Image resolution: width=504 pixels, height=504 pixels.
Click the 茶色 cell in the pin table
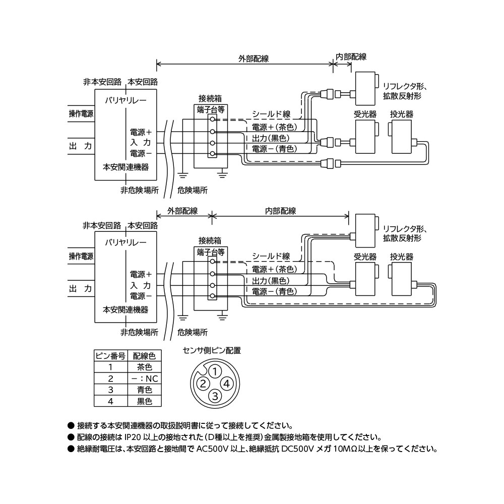click(x=144, y=367)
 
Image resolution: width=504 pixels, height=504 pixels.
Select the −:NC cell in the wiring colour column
click(x=144, y=379)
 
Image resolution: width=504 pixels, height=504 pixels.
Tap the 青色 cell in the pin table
click(x=144, y=390)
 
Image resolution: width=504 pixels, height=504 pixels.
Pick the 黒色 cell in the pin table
click(x=144, y=401)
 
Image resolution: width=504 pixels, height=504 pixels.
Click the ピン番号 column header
click(x=110, y=355)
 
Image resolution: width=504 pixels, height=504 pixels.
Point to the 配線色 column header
click(x=144, y=355)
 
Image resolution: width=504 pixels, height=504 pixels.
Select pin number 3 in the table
click(x=110, y=390)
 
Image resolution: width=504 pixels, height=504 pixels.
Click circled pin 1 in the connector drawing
click(x=215, y=372)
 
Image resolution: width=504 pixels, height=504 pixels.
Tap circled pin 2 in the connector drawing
click(x=203, y=384)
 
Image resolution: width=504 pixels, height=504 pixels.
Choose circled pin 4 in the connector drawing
click(x=227, y=384)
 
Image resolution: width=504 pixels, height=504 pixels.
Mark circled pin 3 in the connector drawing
click(x=215, y=396)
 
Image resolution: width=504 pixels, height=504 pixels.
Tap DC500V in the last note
click(x=297, y=449)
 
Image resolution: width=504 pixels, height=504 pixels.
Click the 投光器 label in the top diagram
click(x=401, y=114)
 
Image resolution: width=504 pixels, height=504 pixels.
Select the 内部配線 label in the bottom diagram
click(x=280, y=211)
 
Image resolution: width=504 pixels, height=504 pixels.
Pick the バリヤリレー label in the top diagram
click(x=125, y=100)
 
